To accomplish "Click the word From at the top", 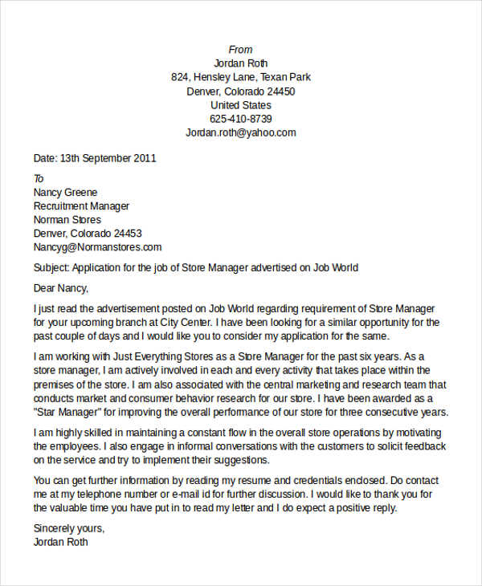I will click(x=241, y=50).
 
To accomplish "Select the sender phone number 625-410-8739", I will click(x=241, y=119).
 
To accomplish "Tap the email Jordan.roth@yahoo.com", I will click(x=241, y=132).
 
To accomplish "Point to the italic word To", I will click(x=39, y=178).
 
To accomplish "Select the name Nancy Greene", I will click(x=65, y=193).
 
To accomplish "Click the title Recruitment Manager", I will click(x=81, y=206).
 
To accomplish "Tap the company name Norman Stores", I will click(x=67, y=220).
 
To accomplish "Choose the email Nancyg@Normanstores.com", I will click(x=97, y=247).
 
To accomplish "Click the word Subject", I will click(x=52, y=267).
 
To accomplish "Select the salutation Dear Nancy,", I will click(x=61, y=288).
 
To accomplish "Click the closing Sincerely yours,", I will click(x=69, y=528).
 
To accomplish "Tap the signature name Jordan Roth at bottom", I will click(x=61, y=542).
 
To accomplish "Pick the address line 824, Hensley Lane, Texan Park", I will click(x=241, y=77).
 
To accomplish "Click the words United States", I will click(x=241, y=105).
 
